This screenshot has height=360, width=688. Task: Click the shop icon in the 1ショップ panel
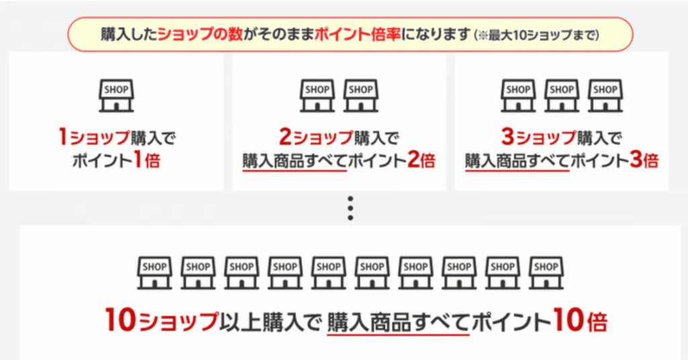[116, 96]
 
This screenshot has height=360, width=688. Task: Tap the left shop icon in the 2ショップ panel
[318, 96]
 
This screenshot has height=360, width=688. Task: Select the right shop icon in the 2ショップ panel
[361, 96]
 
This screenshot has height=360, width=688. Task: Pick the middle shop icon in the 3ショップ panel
[561, 96]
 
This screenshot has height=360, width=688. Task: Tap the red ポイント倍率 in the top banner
[357, 34]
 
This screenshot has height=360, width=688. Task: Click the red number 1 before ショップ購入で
[62, 138]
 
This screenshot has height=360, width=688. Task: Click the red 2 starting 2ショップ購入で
[285, 138]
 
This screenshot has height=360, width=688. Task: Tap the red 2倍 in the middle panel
[421, 161]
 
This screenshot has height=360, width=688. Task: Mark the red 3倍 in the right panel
[644, 161]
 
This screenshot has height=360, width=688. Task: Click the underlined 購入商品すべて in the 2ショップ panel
[294, 162]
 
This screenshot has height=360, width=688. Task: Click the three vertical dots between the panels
[349, 210]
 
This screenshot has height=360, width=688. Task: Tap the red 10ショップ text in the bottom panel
[162, 322]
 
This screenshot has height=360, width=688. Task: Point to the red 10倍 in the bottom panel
[580, 322]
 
